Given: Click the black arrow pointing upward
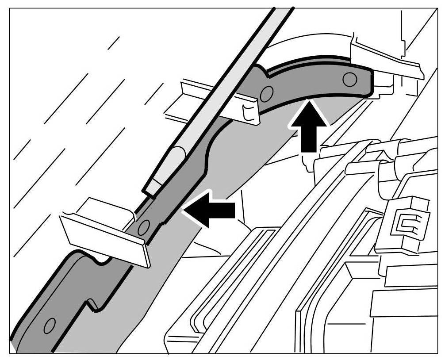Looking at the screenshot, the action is (308, 126).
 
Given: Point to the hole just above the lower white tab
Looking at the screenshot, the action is (143, 227).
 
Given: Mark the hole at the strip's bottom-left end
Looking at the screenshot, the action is (50, 325).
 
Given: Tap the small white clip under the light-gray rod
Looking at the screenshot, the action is (250, 111).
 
